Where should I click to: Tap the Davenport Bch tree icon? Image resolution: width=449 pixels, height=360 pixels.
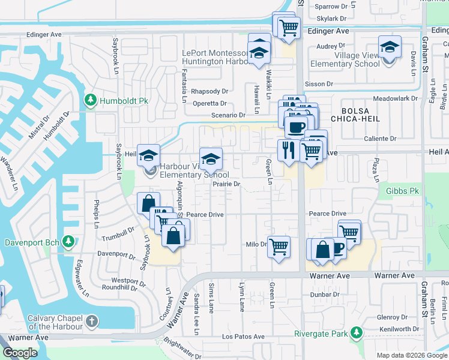69,241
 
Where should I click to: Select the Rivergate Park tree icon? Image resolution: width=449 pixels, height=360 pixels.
357,332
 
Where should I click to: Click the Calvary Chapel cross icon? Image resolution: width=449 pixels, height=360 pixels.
91,322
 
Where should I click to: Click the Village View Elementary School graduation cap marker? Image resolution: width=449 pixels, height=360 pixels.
389,47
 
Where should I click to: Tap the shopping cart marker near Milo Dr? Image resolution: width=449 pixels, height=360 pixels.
279,246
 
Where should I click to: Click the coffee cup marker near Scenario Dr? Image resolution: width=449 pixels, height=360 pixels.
295,127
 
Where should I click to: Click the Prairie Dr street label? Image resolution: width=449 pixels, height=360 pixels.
226,184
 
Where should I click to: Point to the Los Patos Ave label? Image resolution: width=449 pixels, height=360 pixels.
243,337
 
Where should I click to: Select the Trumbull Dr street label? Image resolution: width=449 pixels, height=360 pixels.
118,235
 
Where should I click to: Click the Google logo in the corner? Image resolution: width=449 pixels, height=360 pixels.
20,353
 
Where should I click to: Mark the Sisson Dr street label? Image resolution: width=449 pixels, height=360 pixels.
318,84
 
